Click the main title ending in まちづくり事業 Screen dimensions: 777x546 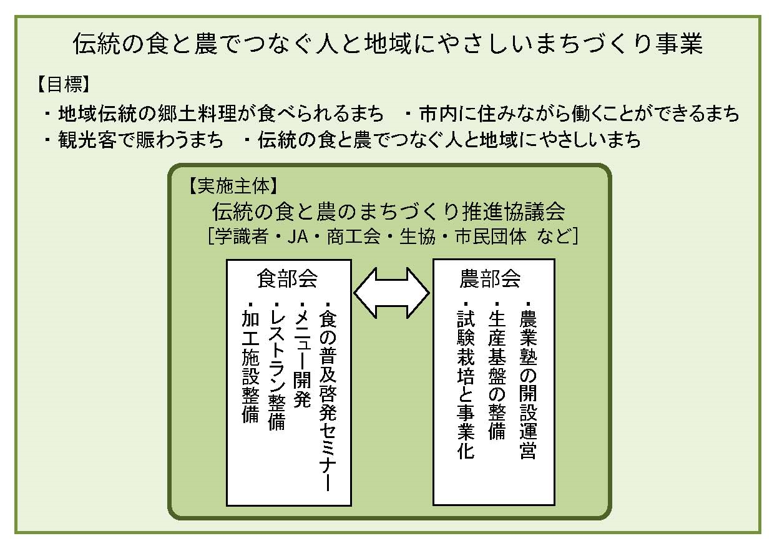tap(388, 44)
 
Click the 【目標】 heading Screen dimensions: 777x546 tap(64, 84)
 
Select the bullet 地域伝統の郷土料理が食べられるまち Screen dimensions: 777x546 tap(221, 114)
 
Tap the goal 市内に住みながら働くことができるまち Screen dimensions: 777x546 tap(579, 114)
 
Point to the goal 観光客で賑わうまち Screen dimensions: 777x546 tap(140, 140)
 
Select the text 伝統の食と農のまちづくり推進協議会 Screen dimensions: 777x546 tap(388, 212)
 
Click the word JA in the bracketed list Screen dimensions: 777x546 tap(298, 236)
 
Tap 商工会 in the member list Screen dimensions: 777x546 tap(353, 236)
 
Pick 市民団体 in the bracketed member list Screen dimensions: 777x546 tap(491, 236)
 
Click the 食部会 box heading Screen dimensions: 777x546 tap(287, 278)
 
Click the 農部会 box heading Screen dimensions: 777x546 tap(490, 278)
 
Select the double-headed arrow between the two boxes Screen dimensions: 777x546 tap(392, 293)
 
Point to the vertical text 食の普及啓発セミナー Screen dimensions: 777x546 tap(328, 396)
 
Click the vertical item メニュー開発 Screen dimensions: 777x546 tap(302, 354)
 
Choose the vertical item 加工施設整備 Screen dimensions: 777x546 tap(250, 363)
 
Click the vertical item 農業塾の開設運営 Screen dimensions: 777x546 tap(528, 381)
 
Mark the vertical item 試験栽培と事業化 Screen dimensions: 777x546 tap(466, 381)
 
